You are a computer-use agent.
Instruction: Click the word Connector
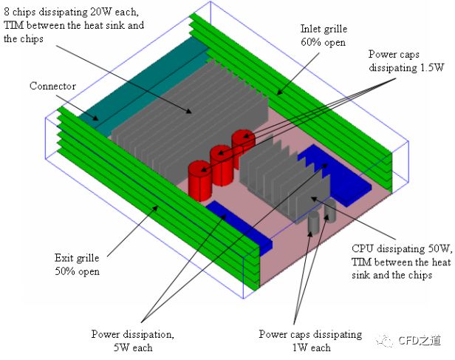[x=52, y=86]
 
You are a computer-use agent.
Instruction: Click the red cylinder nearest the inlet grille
[x=242, y=142]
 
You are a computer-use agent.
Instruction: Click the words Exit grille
[x=75, y=258]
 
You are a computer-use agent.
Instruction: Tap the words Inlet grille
[x=324, y=30]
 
